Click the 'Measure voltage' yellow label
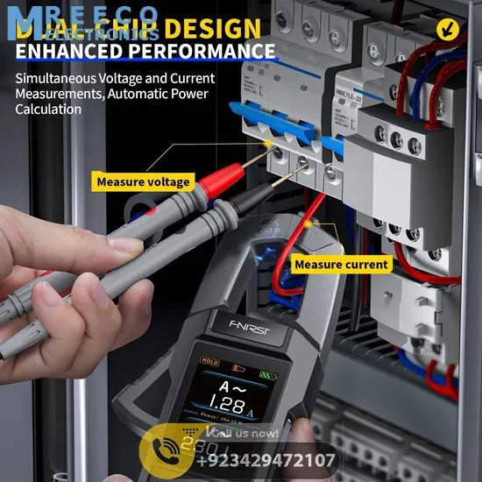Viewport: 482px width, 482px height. pyautogui.click(x=143, y=181)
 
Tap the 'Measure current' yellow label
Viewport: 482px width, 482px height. pyautogui.click(x=341, y=264)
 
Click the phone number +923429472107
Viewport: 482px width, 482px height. pyautogui.click(x=266, y=460)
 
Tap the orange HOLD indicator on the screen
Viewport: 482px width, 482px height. pyautogui.click(x=210, y=360)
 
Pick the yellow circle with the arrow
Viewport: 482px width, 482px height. pyautogui.click(x=450, y=29)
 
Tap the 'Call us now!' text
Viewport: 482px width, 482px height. pyautogui.click(x=245, y=433)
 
